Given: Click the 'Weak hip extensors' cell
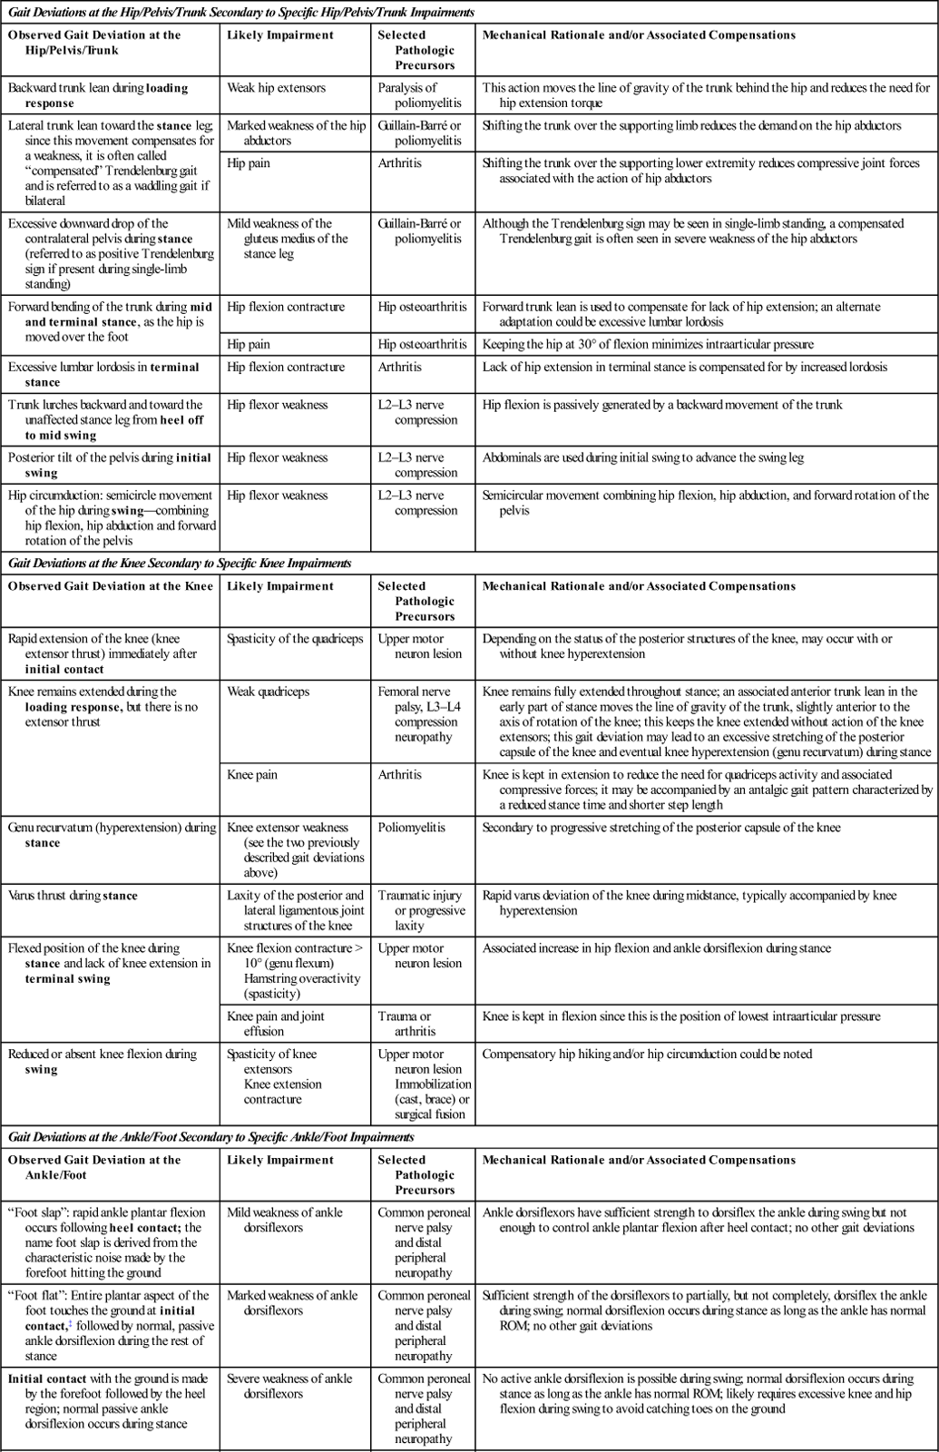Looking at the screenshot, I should pyautogui.click(x=276, y=88).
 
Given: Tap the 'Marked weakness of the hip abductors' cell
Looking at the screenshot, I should pyautogui.click(x=296, y=132).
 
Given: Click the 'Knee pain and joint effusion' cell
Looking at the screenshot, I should pyautogui.click(x=276, y=1024).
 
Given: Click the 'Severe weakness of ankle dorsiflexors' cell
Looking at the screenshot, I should pyautogui.click(x=289, y=1386).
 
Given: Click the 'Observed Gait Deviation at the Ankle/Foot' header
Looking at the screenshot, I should pyautogui.click(x=94, y=1167).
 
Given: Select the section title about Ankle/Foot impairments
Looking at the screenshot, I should pyautogui.click(x=211, y=1137).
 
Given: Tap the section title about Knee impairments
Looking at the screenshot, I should pyautogui.click(x=180, y=564).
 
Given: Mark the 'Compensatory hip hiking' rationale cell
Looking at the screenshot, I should pyautogui.click(x=647, y=1055).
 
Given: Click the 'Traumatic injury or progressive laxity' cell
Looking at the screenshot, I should pyautogui.click(x=421, y=910).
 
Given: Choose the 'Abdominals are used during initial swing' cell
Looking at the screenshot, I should pyautogui.click(x=643, y=458).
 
